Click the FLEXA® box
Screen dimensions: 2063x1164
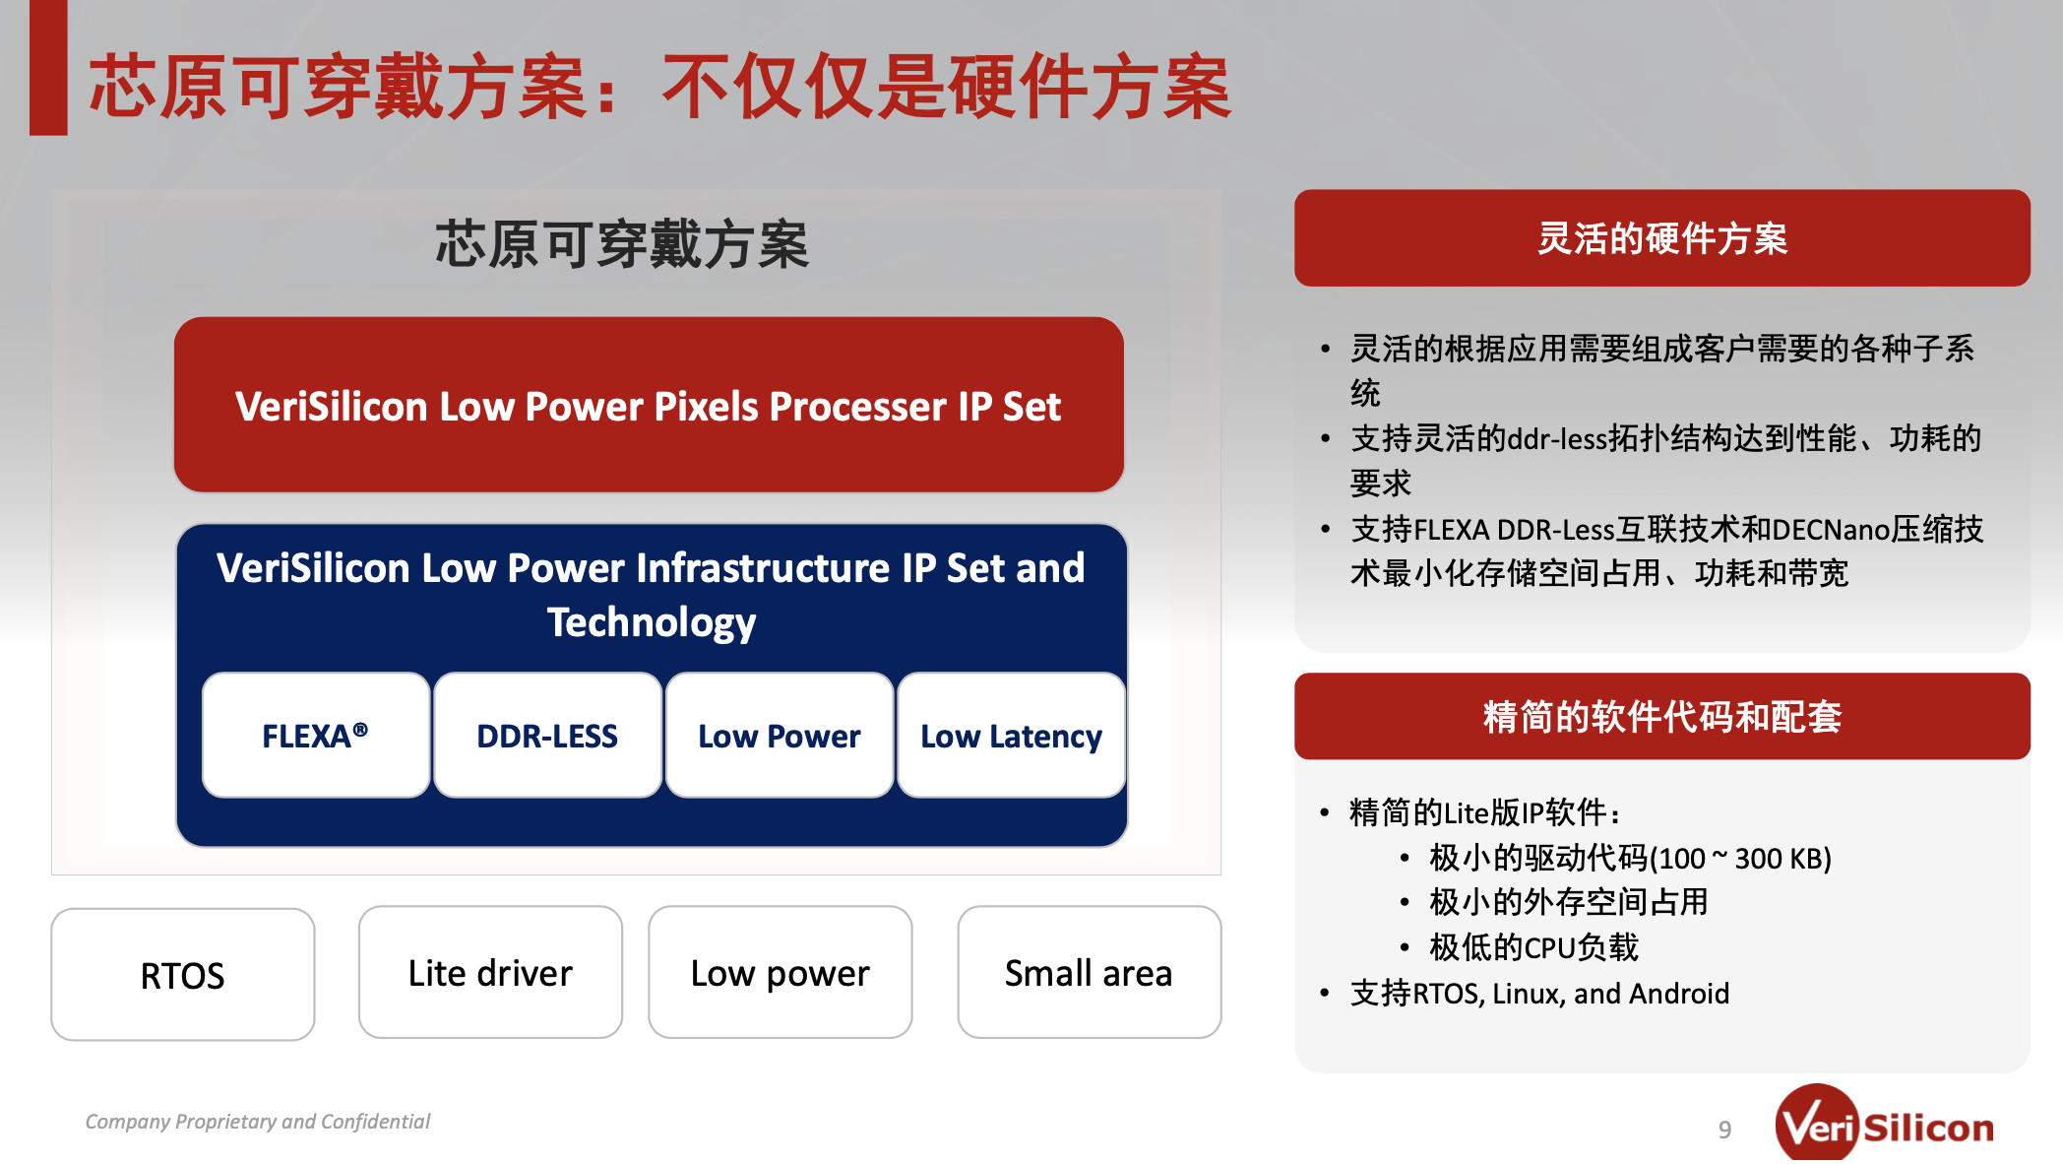coord(316,735)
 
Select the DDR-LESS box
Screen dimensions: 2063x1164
coord(547,735)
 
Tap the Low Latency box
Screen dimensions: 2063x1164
coord(1011,735)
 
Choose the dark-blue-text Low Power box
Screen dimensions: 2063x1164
coord(780,735)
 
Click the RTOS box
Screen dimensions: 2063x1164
coord(183,974)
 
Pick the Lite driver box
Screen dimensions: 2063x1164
coord(490,972)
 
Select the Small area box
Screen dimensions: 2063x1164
coord(1090,972)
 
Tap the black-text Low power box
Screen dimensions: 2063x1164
coord(781,972)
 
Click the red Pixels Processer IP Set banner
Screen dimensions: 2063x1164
coord(649,405)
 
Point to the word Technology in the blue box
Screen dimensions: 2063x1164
coord(652,622)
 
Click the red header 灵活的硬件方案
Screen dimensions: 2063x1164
coord(1662,238)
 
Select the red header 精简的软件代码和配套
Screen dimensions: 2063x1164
coord(1662,716)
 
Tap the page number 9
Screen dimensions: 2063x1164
coord(1724,1130)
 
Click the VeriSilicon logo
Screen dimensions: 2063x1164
coord(1884,1125)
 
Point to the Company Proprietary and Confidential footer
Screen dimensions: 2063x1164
coord(258,1122)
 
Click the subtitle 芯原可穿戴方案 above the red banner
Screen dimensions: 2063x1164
coord(622,244)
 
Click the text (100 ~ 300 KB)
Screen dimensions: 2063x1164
coord(1740,859)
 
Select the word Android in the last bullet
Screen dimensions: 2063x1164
coord(1679,993)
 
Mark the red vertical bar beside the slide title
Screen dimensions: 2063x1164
coord(48,67)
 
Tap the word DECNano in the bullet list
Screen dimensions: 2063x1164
coord(1833,530)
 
